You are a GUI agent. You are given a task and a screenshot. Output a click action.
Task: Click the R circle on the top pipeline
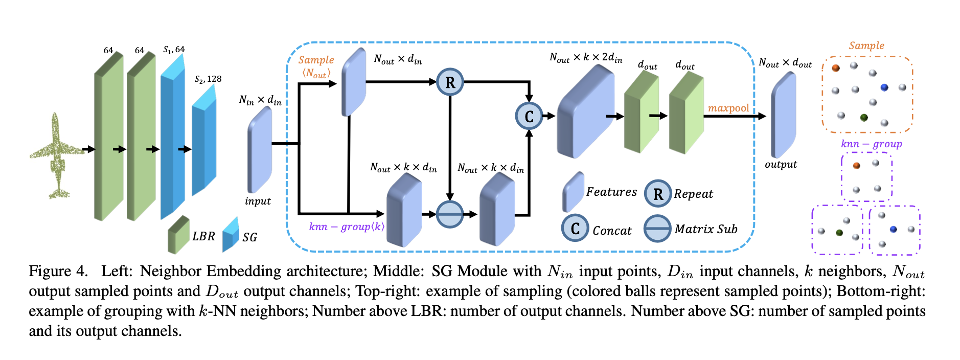pyautogui.click(x=450, y=82)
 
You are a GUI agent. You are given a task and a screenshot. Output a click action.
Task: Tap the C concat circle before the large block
pyautogui.click(x=529, y=116)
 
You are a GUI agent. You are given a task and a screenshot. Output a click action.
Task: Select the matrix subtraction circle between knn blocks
pyautogui.click(x=450, y=214)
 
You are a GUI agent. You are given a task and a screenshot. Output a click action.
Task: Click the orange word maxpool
pyautogui.click(x=728, y=108)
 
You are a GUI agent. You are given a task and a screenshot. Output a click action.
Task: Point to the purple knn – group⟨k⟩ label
pyautogui.click(x=346, y=227)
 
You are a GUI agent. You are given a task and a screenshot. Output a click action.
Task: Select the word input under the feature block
pyautogui.click(x=258, y=201)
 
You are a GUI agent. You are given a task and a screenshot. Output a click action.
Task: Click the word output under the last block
pyautogui.click(x=781, y=165)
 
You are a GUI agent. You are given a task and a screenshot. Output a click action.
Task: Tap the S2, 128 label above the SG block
pyautogui.click(x=208, y=79)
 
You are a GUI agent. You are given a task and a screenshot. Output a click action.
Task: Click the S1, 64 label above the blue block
pyautogui.click(x=174, y=50)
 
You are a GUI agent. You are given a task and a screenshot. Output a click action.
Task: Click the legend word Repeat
pyautogui.click(x=693, y=194)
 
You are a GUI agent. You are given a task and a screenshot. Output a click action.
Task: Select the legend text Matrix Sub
pyautogui.click(x=706, y=229)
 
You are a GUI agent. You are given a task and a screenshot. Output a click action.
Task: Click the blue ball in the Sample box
pyautogui.click(x=884, y=87)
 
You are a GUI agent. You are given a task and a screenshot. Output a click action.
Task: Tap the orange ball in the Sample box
pyautogui.click(x=836, y=67)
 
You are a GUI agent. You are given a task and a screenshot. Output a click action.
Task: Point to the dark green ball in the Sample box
pyautogui.click(x=864, y=118)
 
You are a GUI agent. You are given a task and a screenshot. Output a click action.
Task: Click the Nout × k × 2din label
pyautogui.click(x=586, y=58)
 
